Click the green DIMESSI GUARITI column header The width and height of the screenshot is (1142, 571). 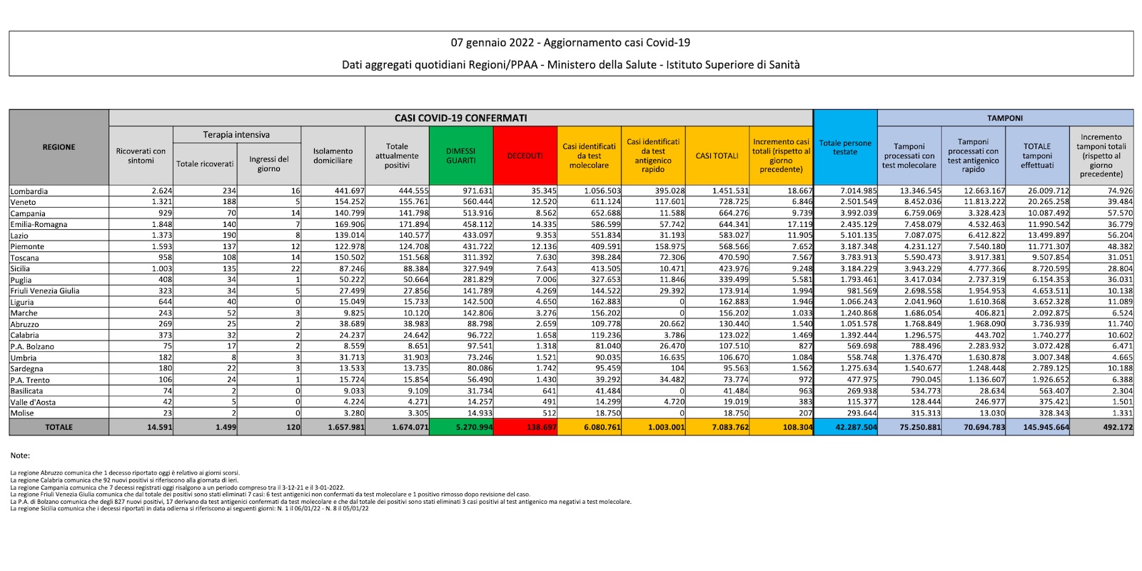pos(460,156)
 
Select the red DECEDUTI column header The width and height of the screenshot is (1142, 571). pos(525,156)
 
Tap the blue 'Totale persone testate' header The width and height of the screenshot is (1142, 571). pos(845,147)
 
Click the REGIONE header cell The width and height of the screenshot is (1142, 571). pos(59,147)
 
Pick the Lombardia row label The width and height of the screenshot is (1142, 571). pos(29,191)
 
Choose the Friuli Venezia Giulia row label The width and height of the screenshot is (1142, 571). pos(45,290)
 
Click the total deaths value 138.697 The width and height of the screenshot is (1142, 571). pos(540,428)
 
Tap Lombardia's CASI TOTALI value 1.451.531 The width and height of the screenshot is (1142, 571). pos(730,191)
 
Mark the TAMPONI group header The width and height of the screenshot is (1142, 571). pos(1005,118)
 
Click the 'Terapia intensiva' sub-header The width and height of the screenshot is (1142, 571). pos(236,134)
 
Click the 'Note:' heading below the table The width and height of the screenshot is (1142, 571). pos(20,455)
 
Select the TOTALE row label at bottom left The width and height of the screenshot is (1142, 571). pos(59,428)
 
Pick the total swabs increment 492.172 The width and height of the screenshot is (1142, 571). pos(1117,428)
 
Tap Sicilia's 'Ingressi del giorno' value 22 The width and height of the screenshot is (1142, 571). pos(295,268)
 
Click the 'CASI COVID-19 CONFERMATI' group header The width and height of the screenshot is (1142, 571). pos(460,118)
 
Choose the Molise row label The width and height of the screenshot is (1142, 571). pos(22,413)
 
